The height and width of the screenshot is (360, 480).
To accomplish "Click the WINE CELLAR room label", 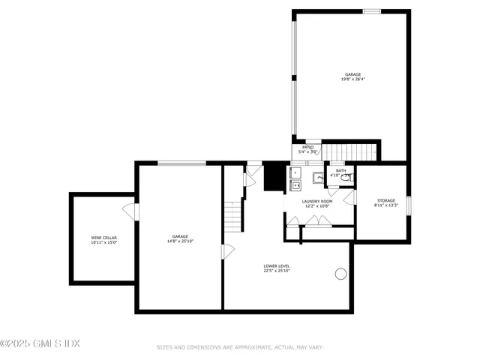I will point(103,237).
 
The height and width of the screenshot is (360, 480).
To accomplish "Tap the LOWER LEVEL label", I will point(277,265).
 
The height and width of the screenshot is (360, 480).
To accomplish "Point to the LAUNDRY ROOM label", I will point(317,201).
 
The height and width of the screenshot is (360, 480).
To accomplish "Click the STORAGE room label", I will point(385,200).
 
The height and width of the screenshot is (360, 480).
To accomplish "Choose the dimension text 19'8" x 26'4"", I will point(352,79).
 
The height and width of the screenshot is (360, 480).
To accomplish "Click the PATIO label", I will point(307,147).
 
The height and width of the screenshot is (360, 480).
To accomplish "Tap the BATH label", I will point(340,170).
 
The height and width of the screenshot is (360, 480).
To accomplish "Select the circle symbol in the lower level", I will point(341,274).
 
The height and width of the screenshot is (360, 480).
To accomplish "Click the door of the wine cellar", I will point(132,211).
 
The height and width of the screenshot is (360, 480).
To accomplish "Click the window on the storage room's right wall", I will point(409,205).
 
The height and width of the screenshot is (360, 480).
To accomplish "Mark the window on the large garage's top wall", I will point(372,11).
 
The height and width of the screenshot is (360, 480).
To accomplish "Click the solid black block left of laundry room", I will point(274,177).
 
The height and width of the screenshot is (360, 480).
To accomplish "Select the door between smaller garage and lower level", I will point(226,251).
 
